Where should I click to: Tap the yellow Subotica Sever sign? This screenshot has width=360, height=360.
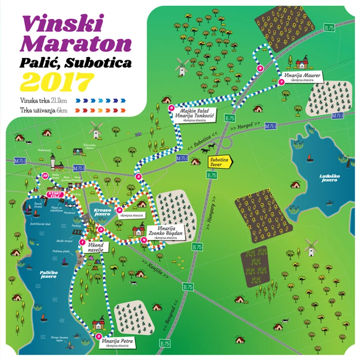220,162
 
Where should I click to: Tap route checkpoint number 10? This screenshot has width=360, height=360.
45,175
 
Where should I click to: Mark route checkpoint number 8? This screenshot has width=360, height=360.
260,68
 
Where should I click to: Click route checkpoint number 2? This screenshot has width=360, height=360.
99,337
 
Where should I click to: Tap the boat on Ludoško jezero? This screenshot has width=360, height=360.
310,159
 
